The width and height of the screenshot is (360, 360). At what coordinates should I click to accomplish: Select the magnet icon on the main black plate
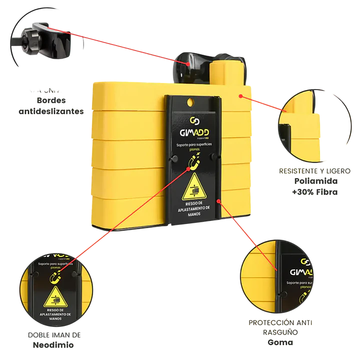coord(193,162)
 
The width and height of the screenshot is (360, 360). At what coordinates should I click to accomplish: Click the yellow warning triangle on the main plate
coord(194,189)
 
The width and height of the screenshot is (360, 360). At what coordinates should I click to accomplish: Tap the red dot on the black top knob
coord(187,64)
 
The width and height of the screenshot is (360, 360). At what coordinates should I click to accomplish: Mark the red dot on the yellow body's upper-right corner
coord(240,95)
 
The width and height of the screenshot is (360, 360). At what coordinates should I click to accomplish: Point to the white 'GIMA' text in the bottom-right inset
coord(300,273)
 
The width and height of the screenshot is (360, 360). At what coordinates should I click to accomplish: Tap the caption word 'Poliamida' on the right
coord(315,181)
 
